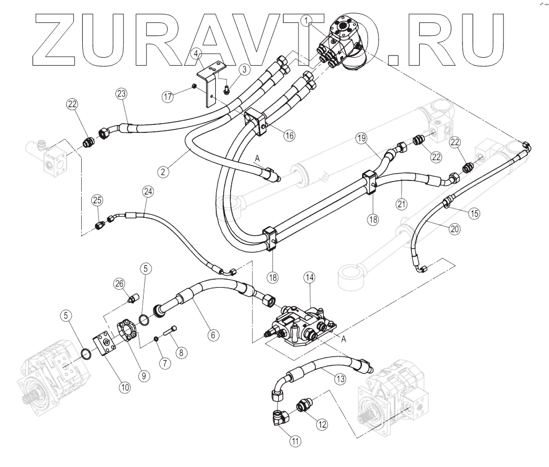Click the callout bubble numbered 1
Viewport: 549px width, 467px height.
(x=307, y=21)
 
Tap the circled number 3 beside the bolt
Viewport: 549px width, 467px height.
(x=244, y=69)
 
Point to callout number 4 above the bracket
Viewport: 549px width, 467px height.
(x=197, y=54)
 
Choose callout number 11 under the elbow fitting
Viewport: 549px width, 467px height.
(x=294, y=441)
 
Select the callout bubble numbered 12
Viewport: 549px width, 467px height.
(x=321, y=424)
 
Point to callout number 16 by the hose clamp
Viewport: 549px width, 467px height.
(x=289, y=135)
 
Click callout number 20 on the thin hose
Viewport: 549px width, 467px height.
(x=454, y=228)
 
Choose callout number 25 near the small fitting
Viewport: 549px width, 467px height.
(x=97, y=200)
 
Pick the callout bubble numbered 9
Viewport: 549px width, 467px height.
(x=143, y=375)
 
